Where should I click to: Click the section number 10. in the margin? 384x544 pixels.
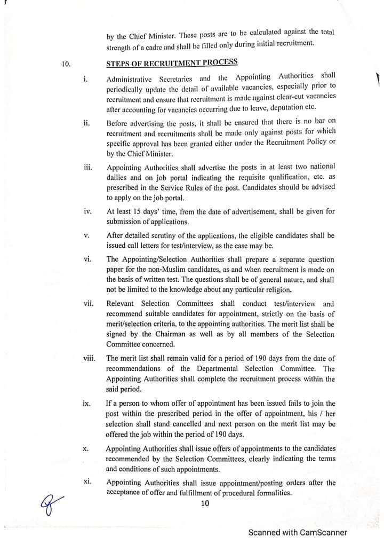point(66,65)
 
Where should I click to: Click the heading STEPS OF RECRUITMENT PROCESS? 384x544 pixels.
point(172,62)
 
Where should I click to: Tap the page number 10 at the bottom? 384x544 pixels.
point(205,503)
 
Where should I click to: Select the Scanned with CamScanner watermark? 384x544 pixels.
point(298,532)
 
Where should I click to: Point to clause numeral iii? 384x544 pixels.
point(88,168)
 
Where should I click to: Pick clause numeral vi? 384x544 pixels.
point(88,259)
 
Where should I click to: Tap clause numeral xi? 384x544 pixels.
point(88,482)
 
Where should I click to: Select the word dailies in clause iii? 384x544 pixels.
point(117,177)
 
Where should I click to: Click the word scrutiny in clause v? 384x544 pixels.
point(167,235)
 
